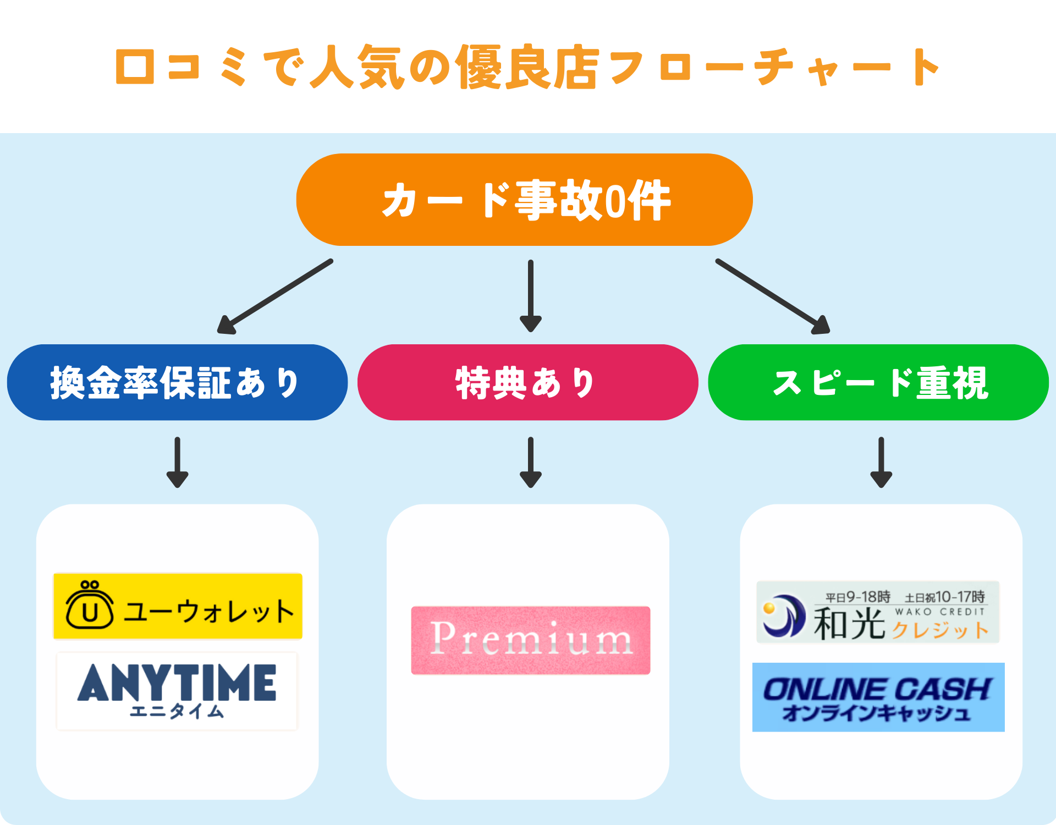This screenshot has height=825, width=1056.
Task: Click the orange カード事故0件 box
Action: [524, 200]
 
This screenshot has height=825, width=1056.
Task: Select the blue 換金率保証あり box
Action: [177, 383]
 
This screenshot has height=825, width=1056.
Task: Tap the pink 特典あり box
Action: [527, 383]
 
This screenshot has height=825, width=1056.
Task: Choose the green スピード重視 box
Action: [878, 383]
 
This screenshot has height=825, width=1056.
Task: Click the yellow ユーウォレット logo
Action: [178, 606]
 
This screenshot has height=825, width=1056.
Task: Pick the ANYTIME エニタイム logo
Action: [177, 691]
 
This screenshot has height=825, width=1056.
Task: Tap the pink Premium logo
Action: [531, 640]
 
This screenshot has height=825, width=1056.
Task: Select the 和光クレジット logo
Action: [878, 612]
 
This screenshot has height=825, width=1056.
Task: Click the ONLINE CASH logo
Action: [878, 697]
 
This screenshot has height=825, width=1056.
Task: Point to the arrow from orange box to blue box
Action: [275, 296]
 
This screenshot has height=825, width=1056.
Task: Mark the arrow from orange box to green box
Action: [773, 296]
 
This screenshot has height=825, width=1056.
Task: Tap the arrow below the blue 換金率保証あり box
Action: [177, 462]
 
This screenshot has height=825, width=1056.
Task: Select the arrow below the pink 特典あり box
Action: [531, 462]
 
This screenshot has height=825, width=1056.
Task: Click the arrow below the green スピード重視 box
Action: [881, 462]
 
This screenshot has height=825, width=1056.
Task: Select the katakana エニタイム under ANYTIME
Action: [177, 712]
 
